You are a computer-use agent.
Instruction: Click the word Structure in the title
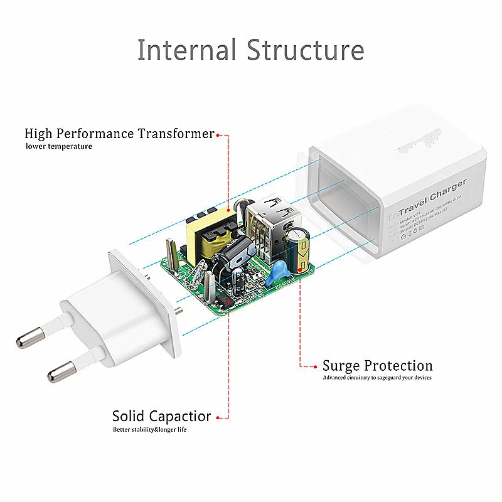click(x=306, y=50)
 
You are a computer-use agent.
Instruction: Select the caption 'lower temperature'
click(x=59, y=146)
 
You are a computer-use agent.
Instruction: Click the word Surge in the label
click(x=341, y=366)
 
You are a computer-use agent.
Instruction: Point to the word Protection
click(x=398, y=366)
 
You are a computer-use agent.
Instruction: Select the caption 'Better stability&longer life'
click(x=150, y=430)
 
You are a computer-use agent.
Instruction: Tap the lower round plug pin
click(x=58, y=375)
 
